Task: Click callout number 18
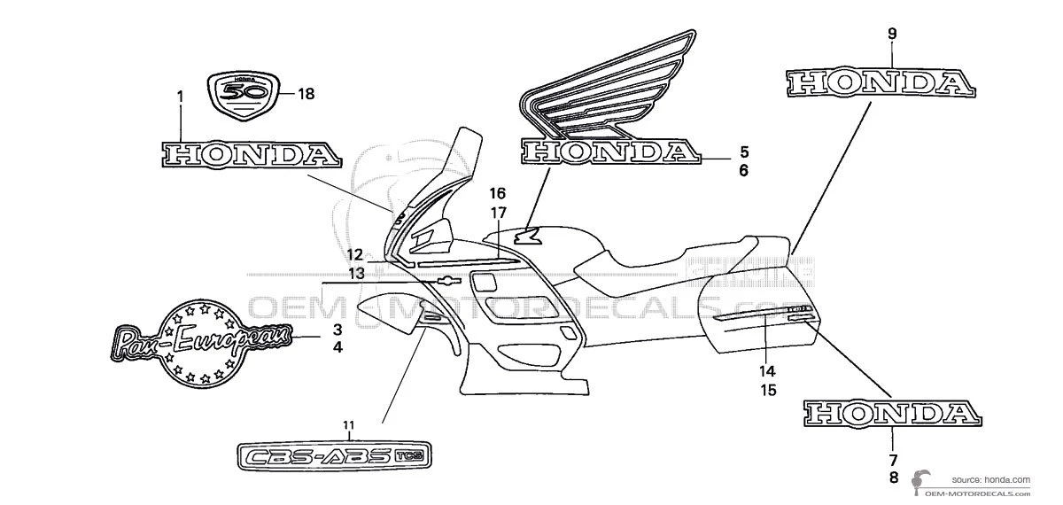306,93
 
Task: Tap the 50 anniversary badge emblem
244,93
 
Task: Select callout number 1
180,95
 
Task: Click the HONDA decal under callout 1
238,155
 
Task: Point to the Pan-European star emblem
202,341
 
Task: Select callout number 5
744,151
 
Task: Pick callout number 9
893,34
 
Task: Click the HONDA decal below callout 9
882,82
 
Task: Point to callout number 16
497,193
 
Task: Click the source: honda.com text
991,479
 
